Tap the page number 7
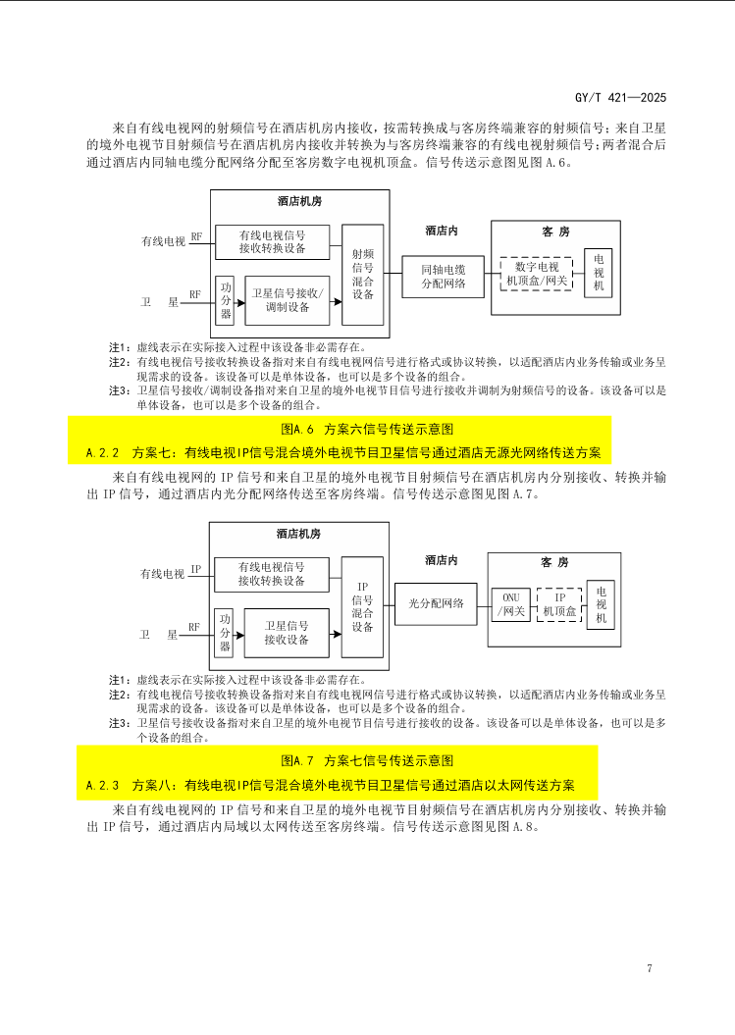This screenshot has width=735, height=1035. pos(650,969)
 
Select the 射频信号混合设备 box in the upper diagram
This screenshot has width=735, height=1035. pos(362,274)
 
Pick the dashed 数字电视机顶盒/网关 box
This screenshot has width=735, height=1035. pos(536,274)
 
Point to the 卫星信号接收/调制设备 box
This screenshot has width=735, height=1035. pos(287,299)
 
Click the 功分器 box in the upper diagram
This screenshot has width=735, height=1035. pos(226,299)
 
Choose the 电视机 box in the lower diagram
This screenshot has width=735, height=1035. pos(601,605)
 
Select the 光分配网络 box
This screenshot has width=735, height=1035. pos(436,603)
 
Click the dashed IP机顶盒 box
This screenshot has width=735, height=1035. pos(559,603)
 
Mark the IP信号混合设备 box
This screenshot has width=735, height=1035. pos(362,606)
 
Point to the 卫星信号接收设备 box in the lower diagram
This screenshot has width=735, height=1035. pos(287,632)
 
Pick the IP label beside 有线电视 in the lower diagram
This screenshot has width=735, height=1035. pos(196,569)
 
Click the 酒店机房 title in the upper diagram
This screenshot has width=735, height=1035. pos(299,202)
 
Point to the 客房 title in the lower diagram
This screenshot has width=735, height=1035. pos(554,562)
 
